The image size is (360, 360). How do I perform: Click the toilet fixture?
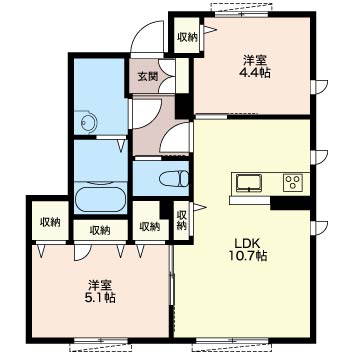point(174,178)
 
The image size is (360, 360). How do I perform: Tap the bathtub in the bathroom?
point(101,199)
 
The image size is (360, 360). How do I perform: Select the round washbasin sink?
point(89,123)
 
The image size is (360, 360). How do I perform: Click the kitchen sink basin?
point(249,183)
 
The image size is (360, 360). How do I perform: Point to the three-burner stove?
point(293,183)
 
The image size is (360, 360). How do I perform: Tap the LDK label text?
point(247,243)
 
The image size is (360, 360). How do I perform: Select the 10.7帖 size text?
point(247,256)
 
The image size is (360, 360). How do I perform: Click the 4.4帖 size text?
point(254,72)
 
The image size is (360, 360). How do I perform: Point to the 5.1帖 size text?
point(100,297)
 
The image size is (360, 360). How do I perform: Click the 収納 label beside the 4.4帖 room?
point(187,37)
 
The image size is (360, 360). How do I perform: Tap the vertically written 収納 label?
point(181,220)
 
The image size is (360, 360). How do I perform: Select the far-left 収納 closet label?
point(50,222)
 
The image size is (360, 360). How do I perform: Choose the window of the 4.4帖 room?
point(241,14)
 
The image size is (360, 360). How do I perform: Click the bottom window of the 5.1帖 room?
point(101,340)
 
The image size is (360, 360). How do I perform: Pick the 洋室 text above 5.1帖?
point(100,285)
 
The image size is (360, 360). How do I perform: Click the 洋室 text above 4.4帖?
point(254,61)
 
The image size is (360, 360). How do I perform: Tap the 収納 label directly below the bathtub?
point(100,230)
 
